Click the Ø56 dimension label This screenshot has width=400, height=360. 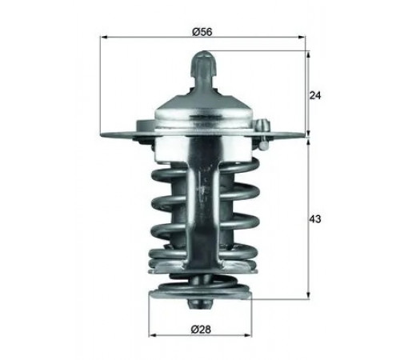tap(202, 32)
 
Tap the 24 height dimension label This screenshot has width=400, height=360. tap(315, 95)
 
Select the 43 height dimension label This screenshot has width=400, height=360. tap(315, 219)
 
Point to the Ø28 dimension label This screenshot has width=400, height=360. tap(201, 330)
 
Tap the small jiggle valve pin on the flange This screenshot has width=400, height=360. tap(262, 134)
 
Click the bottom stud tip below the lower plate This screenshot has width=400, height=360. tap(201, 305)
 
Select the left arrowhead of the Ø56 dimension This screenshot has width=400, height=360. tap(103, 37)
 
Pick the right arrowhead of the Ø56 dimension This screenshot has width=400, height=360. tap(302, 37)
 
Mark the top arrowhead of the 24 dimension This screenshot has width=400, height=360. tap(309, 55)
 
